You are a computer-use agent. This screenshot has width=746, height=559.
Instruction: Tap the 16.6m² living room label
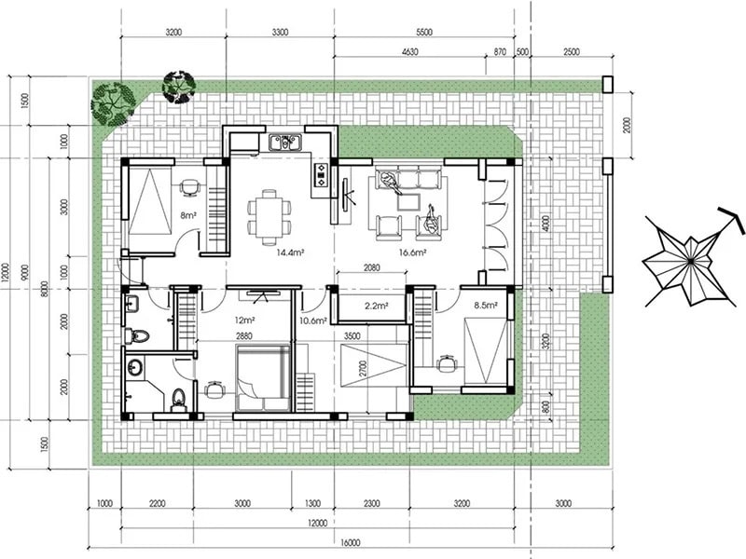pos(411,252)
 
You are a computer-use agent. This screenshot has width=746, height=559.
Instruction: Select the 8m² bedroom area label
pos(189,215)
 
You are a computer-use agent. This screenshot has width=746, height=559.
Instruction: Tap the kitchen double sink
pos(283,143)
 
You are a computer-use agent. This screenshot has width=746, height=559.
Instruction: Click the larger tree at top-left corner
pos(113,101)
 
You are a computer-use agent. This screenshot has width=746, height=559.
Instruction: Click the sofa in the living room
pos(408,177)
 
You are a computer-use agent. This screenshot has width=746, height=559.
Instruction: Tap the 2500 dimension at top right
pos(572,53)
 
